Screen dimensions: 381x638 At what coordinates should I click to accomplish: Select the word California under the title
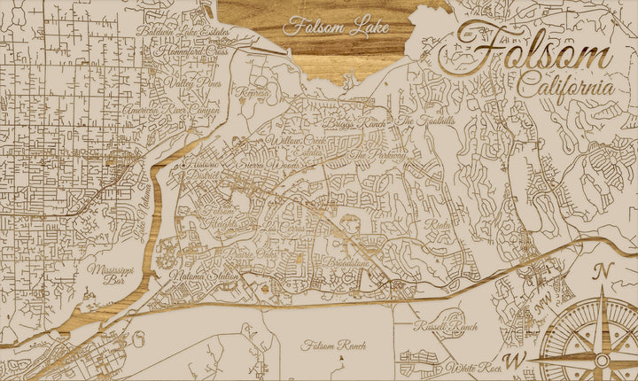click(x=565, y=88)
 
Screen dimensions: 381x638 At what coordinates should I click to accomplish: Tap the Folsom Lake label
click(x=336, y=27)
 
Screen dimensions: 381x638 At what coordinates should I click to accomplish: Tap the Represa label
click(x=253, y=92)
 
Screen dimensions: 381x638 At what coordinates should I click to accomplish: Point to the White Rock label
click(x=474, y=367)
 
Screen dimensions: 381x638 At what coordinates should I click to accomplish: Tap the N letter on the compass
click(x=603, y=271)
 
